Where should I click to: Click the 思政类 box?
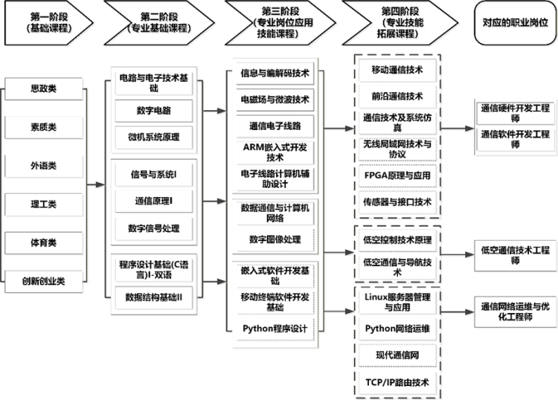(42, 89)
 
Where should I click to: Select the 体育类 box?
(42, 242)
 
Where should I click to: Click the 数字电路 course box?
(153, 110)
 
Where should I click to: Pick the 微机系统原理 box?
(153, 137)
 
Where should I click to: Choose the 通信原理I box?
(153, 201)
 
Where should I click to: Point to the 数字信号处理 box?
(153, 228)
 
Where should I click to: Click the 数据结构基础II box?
(153, 297)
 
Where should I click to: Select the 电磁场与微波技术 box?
(275, 100)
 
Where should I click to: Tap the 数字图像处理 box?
(275, 239)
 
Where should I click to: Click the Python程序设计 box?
(275, 328)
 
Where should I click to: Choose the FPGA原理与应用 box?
(396, 176)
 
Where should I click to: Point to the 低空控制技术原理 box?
(396, 240)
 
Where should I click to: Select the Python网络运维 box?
(396, 327)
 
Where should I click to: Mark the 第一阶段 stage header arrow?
(47, 22)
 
